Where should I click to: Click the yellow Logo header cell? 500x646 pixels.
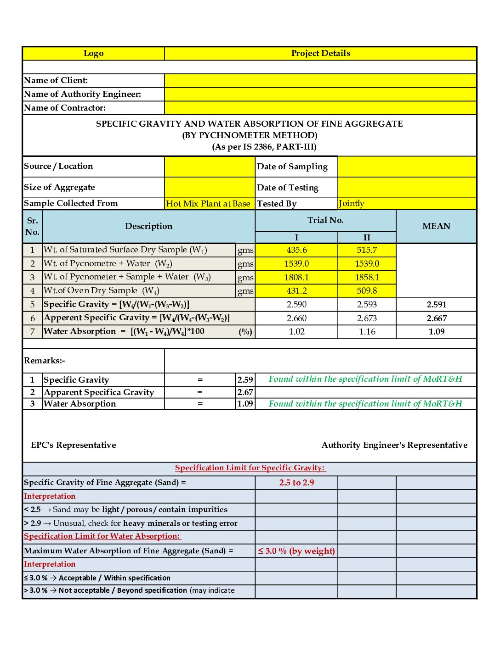click(93, 53)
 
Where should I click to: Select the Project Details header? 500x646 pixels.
click(320, 53)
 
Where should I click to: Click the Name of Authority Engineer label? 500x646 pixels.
click(83, 94)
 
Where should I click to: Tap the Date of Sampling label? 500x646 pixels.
click(292, 167)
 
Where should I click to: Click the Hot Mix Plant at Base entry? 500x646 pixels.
click(208, 204)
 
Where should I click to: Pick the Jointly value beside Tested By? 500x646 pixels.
click(352, 203)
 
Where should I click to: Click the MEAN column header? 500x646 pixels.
click(436, 226)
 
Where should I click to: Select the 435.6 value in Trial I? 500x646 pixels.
click(296, 250)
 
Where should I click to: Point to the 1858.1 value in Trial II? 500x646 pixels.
click(367, 277)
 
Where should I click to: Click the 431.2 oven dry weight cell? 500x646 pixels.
click(296, 291)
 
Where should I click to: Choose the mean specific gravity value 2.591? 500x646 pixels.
click(436, 305)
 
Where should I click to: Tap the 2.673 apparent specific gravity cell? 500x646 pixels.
click(367, 318)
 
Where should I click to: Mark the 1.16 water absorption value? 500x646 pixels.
click(367, 331)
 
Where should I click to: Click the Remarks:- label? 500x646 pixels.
click(45, 361)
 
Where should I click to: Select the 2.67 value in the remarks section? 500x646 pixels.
click(245, 392)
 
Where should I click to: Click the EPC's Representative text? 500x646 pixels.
click(74, 445)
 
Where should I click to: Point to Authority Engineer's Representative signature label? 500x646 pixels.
click(394, 445)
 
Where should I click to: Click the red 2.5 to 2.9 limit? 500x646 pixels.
click(296, 483)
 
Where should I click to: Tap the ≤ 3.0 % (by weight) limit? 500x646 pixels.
click(296, 551)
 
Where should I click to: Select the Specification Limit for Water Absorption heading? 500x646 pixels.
click(102, 536)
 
